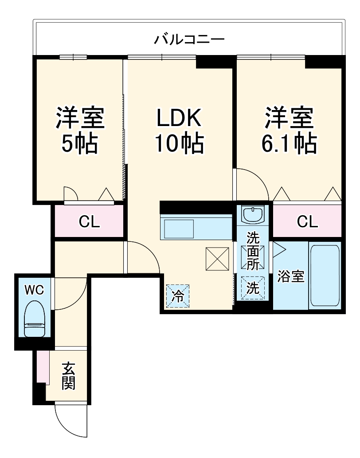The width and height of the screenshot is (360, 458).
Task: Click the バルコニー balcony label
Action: point(189,39)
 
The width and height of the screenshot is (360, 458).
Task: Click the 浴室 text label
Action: point(291,276)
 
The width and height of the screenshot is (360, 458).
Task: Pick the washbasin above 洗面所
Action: point(253,215)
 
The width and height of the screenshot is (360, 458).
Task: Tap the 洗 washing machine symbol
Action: point(253,288)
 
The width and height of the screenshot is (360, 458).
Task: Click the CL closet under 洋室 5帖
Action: point(89,221)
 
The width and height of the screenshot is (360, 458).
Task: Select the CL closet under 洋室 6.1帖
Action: point(307,221)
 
